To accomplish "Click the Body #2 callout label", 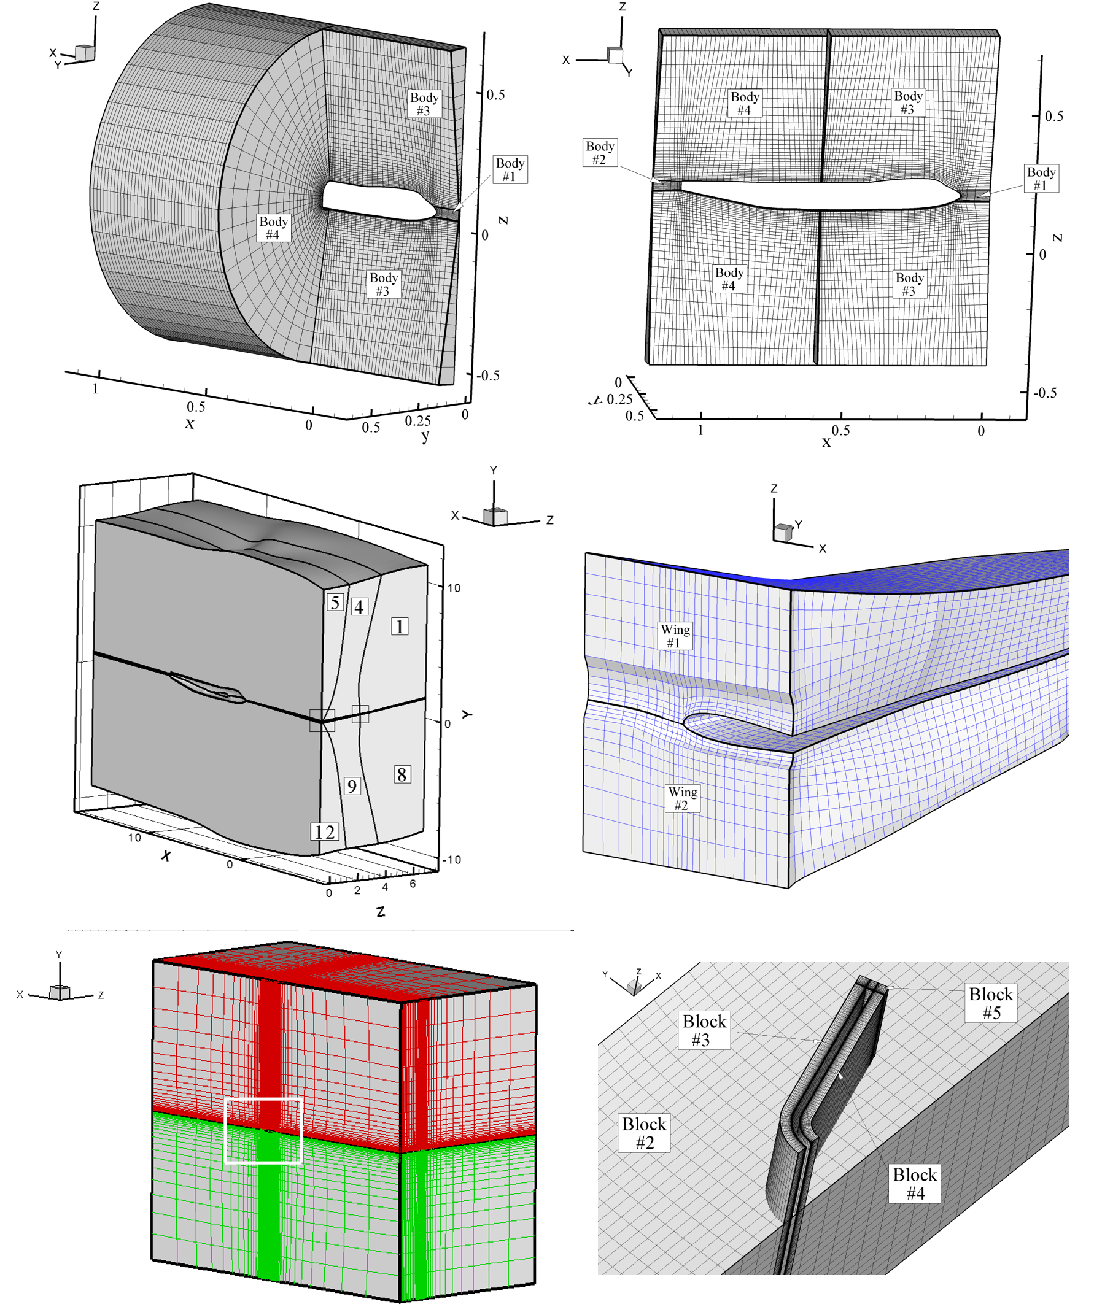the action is (x=600, y=152).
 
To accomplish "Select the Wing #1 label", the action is (x=675, y=636).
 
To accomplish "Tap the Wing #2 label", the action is (x=683, y=798).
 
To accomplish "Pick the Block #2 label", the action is (x=644, y=1133).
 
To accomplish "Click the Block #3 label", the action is (x=704, y=1030).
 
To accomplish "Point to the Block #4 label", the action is (x=914, y=1184).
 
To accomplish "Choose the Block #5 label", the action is (x=991, y=1003).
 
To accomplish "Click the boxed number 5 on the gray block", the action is (x=336, y=602).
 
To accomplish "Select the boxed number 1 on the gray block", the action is (x=400, y=626).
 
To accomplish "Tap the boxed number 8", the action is (x=402, y=774).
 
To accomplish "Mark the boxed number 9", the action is (x=352, y=786).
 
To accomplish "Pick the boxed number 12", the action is (x=324, y=831).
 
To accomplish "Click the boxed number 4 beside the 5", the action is (x=359, y=606).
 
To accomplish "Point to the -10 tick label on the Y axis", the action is (x=451, y=860).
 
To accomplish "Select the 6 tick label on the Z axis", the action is (x=412, y=883).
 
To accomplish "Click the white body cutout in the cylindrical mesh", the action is (x=378, y=201).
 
